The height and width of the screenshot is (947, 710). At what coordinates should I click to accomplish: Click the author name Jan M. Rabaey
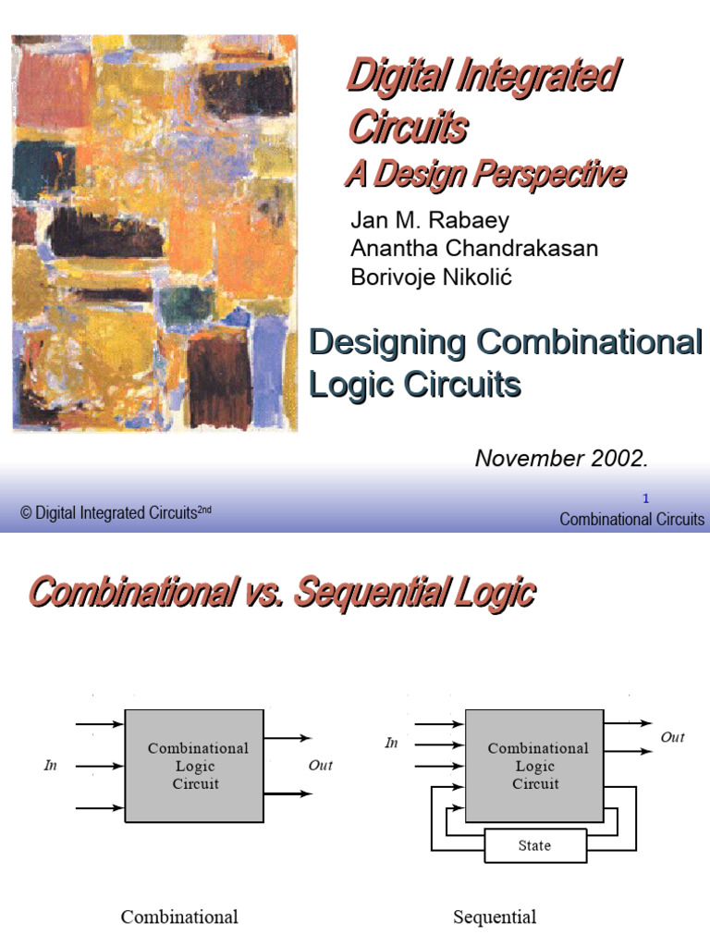430,220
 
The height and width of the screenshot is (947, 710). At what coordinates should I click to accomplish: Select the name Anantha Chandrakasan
474,248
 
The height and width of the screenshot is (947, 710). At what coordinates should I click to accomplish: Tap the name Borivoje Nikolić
431,277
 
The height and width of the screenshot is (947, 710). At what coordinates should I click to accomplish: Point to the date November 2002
561,459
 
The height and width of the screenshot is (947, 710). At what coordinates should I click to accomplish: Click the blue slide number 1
645,498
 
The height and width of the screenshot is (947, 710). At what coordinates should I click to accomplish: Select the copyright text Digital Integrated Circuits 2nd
116,512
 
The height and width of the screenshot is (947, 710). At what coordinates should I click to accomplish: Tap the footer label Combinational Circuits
631,520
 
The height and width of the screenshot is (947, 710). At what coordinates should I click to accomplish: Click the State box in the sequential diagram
535,845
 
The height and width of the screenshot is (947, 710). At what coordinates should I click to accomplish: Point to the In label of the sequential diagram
391,743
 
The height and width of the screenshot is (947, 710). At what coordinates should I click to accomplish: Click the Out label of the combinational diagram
320,765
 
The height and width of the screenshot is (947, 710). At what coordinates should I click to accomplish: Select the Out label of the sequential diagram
673,737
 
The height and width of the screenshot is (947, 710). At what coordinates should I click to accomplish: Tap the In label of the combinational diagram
50,765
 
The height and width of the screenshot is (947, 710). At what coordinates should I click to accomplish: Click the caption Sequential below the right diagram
495,916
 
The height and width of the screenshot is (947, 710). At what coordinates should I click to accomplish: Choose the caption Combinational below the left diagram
179,916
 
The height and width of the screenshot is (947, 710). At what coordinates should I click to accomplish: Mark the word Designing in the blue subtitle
387,342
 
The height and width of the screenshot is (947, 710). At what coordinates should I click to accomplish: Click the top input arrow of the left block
100,723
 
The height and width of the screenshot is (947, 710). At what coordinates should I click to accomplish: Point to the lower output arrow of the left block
288,793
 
